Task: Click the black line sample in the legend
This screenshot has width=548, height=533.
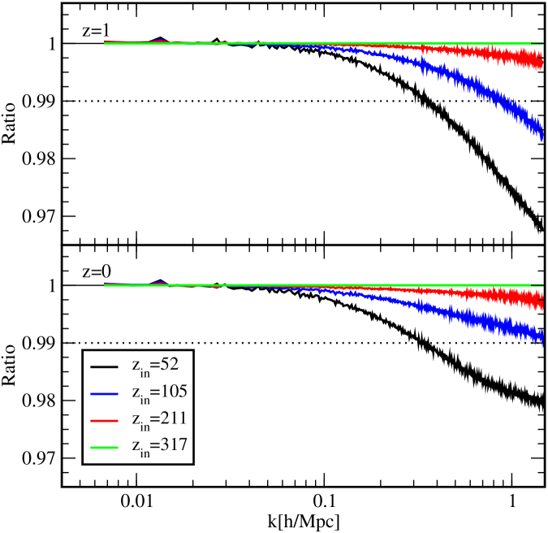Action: [x=104, y=366]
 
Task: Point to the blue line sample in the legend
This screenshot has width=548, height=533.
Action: [x=104, y=393]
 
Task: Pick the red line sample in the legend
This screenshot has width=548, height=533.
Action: [x=104, y=420]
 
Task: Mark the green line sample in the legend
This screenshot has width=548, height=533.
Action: [x=104, y=447]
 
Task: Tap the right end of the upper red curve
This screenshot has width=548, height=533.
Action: [x=542, y=61]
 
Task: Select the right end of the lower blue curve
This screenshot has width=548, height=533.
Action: [x=542, y=336]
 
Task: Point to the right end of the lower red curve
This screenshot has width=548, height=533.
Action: [x=542, y=301]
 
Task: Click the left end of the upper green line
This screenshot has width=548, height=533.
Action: [x=105, y=43]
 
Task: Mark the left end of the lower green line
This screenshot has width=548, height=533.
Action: [x=105, y=285]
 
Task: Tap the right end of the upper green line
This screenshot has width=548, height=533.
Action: [x=542, y=43]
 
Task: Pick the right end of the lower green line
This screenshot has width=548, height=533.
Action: [x=542, y=285]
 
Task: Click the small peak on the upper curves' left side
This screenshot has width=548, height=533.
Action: [x=159, y=40]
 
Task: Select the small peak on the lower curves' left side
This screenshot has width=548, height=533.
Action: [x=159, y=282]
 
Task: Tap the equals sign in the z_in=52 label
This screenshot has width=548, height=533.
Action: [x=156, y=365]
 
